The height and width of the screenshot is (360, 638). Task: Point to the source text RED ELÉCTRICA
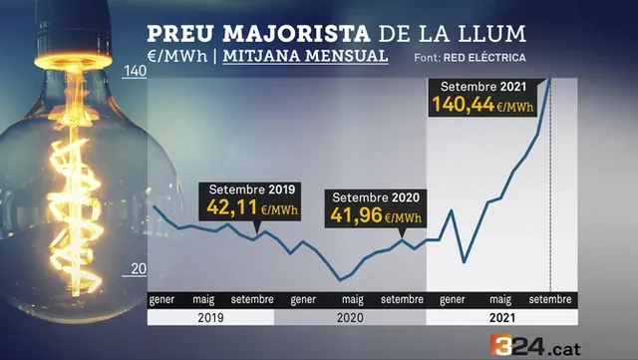coord(486,58)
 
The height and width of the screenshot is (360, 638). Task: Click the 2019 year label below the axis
coord(210,318)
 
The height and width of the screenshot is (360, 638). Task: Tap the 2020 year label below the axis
coord(350,318)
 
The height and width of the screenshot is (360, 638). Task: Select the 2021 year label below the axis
coord(501,318)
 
